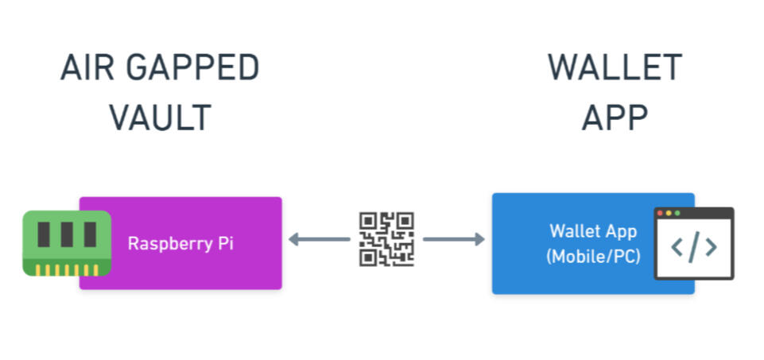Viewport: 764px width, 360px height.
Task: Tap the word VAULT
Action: (x=160, y=118)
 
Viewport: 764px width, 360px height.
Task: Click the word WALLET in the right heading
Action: (x=615, y=69)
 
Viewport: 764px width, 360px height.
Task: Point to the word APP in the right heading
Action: (x=615, y=118)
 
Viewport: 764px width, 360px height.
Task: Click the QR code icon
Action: (x=386, y=238)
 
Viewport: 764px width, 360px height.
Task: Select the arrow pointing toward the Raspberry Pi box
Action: (x=318, y=238)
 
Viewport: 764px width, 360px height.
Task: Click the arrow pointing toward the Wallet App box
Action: (x=454, y=238)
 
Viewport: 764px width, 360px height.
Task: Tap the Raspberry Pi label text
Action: (x=180, y=243)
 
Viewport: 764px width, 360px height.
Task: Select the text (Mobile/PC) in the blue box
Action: (x=593, y=257)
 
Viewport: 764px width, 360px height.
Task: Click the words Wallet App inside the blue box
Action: (x=593, y=231)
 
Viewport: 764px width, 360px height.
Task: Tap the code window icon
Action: (x=693, y=244)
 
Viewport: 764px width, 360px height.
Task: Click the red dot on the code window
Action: (x=661, y=213)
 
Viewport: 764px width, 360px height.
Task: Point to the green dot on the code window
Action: (x=677, y=213)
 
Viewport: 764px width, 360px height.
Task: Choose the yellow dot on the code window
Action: (x=669, y=213)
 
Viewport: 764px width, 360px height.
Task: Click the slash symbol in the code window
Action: (x=694, y=248)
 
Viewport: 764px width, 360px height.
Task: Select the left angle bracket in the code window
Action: (x=677, y=248)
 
